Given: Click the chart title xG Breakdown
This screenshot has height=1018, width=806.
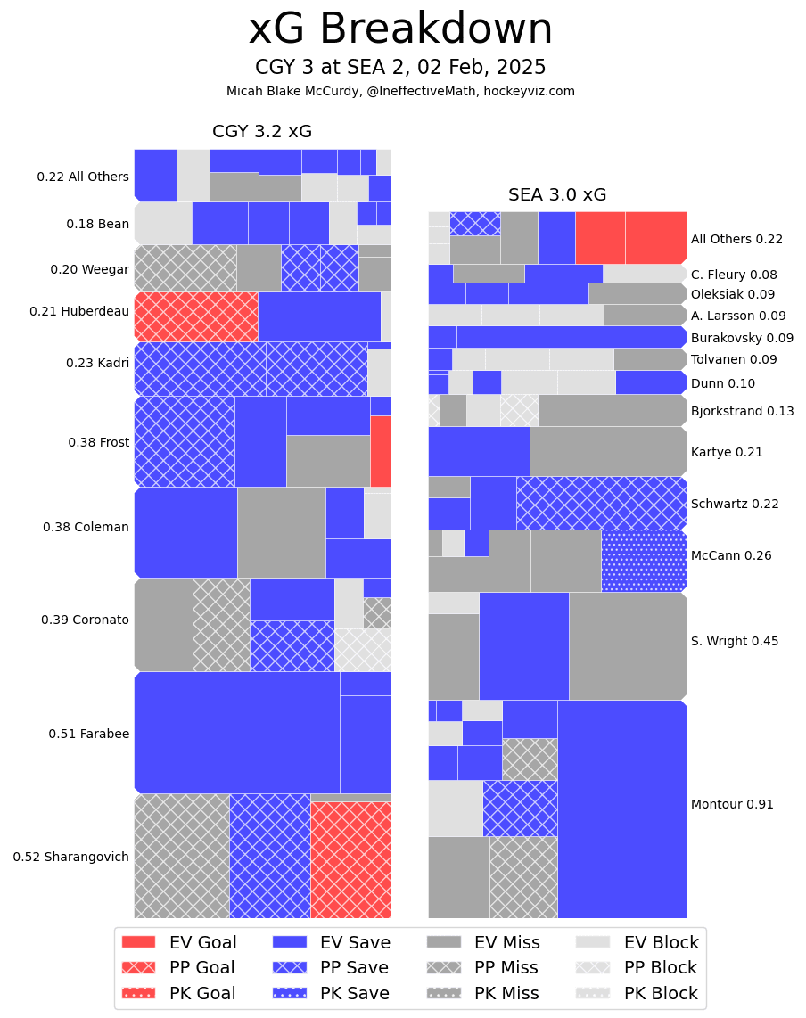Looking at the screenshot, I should tap(400, 29).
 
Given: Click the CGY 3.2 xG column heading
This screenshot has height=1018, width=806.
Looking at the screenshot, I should tap(261, 132).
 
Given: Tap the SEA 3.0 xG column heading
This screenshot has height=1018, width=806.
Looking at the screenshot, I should tap(557, 195).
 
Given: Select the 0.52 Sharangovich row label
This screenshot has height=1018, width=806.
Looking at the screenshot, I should tap(70, 857).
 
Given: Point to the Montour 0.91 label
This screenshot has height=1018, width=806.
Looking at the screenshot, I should tap(732, 804).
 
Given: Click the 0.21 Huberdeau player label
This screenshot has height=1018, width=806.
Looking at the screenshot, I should tap(79, 311).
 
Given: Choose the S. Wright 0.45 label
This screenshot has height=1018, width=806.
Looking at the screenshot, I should tap(734, 641).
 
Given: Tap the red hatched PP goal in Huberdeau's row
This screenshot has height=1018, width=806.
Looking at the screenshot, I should tap(196, 316).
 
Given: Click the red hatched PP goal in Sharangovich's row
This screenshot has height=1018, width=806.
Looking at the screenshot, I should tap(351, 859).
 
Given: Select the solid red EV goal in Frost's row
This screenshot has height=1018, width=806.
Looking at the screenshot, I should tap(381, 451).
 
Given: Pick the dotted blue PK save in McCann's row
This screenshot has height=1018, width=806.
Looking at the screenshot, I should tap(644, 561).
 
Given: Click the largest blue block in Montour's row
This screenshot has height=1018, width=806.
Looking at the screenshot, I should tap(621, 809).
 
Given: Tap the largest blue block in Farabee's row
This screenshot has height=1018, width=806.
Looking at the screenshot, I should tap(237, 732).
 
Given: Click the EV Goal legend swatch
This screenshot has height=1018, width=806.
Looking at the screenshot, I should tap(138, 942).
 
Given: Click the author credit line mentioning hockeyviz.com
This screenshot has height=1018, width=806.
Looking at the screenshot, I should tap(400, 91).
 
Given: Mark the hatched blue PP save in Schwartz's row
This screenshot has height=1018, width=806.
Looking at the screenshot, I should tap(601, 503).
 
